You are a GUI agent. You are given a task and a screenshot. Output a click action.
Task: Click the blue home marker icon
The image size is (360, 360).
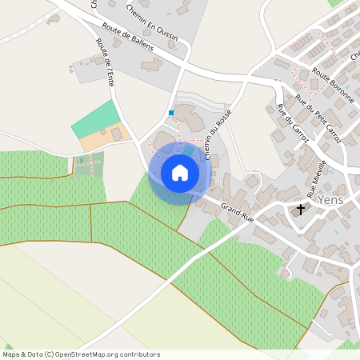(180, 173)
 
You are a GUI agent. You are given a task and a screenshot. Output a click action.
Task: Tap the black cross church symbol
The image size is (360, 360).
(301, 210)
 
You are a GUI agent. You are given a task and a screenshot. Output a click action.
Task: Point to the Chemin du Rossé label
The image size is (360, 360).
(218, 134)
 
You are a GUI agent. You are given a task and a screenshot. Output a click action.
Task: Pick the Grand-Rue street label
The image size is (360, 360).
(238, 213)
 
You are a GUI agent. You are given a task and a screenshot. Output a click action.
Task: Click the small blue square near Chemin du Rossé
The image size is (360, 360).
(171, 113)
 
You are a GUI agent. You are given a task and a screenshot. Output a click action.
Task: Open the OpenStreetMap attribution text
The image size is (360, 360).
(81, 354)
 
